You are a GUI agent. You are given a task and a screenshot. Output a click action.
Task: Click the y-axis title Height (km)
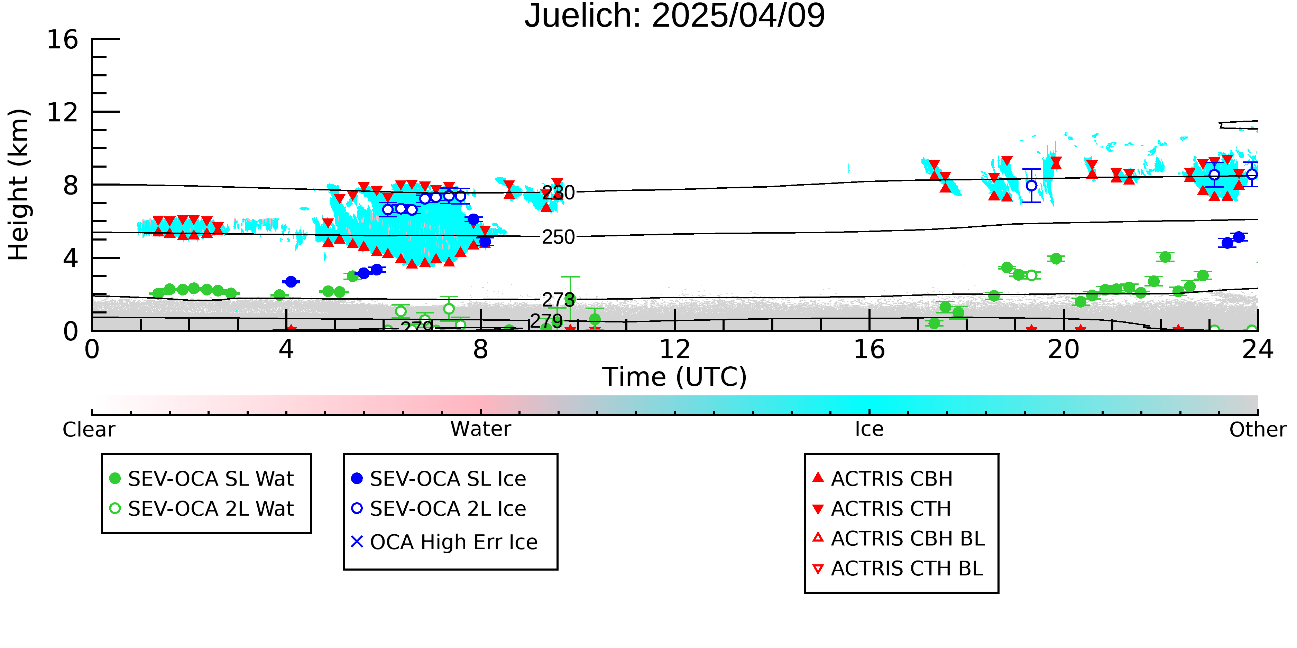[x=19, y=185]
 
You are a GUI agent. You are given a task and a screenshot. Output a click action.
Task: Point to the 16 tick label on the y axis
[x=63, y=39]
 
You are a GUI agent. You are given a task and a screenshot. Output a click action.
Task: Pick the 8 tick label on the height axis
[x=71, y=185]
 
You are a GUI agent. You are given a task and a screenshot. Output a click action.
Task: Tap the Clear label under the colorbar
[x=89, y=430]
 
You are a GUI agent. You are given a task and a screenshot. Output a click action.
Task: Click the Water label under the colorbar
[x=481, y=429]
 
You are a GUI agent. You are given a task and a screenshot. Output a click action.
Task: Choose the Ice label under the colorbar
[x=869, y=429]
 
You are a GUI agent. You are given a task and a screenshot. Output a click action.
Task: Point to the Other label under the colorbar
[x=1257, y=430]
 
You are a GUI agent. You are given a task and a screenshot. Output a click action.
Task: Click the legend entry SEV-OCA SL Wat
[x=201, y=478]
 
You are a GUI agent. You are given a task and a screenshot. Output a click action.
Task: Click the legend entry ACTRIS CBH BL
[x=898, y=538]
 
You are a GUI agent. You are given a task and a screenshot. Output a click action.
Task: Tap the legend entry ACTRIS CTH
[x=882, y=509]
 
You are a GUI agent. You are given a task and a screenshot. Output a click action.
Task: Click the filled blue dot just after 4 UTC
[x=291, y=282]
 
